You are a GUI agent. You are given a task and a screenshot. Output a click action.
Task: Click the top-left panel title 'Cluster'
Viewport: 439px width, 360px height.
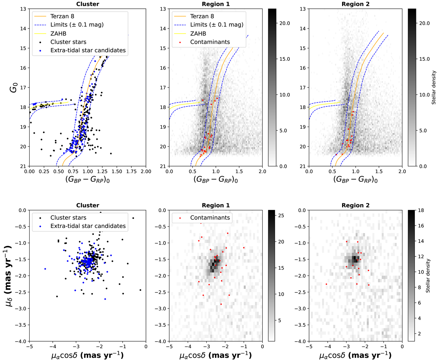[x=87, y=4]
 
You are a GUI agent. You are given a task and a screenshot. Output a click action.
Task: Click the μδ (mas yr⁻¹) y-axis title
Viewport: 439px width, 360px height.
[x=11, y=275]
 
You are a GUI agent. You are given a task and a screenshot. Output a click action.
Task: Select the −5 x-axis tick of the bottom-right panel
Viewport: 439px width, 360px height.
[x=309, y=346]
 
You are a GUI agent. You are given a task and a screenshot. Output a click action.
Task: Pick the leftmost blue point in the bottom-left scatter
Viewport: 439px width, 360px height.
[x=45, y=269]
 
